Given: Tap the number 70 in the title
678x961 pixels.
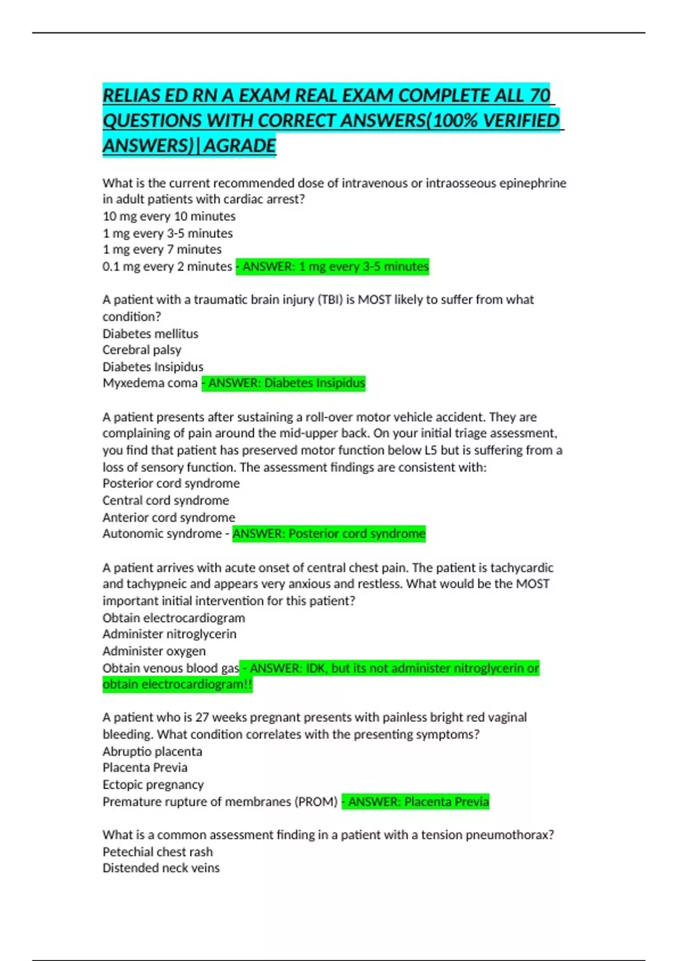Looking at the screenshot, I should [x=540, y=96].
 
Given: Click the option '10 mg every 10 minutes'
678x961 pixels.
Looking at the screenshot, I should [x=169, y=216].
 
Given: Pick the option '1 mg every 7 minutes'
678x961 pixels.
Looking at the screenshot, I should [x=162, y=249].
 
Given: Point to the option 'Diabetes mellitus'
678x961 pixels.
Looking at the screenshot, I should [x=150, y=334].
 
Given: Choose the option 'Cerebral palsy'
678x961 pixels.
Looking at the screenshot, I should [x=142, y=350].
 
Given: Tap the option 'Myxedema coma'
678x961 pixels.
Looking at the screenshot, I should [x=150, y=383].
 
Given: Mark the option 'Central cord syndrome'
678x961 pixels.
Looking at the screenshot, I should [x=166, y=500].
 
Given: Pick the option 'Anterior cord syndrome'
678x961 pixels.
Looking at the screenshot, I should [x=168, y=517].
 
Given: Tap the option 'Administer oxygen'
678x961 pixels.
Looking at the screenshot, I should [x=154, y=651].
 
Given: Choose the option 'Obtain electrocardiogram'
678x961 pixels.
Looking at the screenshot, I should [x=173, y=618].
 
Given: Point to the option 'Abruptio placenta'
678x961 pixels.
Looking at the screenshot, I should [x=152, y=751].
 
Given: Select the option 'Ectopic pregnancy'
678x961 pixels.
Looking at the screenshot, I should [x=153, y=785].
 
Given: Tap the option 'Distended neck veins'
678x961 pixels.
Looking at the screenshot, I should [x=161, y=868].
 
